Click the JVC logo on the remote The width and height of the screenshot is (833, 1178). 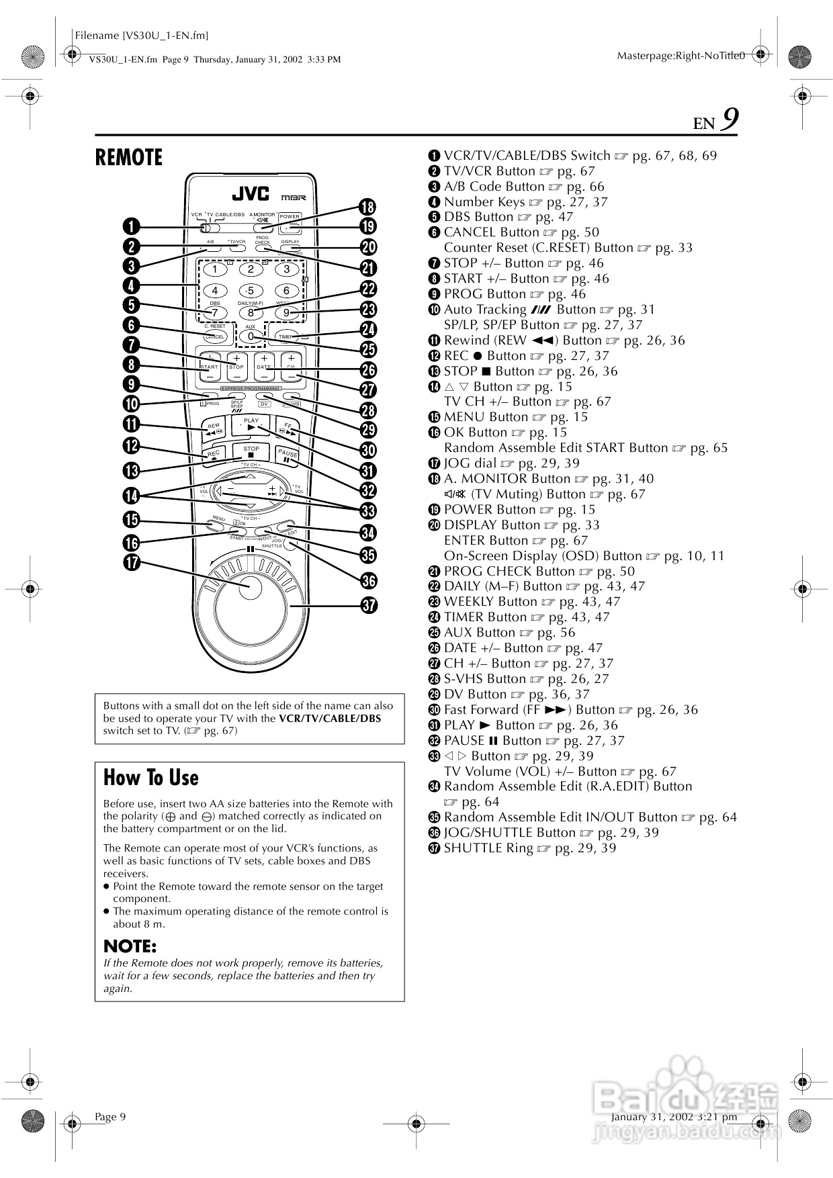(x=251, y=194)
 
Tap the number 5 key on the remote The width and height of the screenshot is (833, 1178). (x=251, y=291)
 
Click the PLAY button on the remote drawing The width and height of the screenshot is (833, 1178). (x=251, y=425)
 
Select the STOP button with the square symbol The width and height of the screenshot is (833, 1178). (x=251, y=452)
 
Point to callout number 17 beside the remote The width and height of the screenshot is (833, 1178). (x=131, y=561)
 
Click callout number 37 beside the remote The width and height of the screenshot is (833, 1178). (x=368, y=604)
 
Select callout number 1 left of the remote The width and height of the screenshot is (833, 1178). (x=131, y=226)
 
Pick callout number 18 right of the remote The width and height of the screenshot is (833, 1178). (x=367, y=206)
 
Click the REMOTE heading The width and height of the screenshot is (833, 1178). (x=129, y=157)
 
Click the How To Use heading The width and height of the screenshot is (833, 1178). (x=151, y=778)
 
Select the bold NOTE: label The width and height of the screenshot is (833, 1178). (x=130, y=946)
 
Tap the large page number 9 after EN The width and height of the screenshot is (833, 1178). (x=730, y=121)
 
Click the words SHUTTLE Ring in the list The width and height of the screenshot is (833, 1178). (x=488, y=848)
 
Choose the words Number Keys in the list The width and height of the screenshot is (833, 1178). (x=484, y=201)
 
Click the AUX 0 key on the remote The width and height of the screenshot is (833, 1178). (x=251, y=336)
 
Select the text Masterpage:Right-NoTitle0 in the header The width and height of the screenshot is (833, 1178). (x=680, y=56)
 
